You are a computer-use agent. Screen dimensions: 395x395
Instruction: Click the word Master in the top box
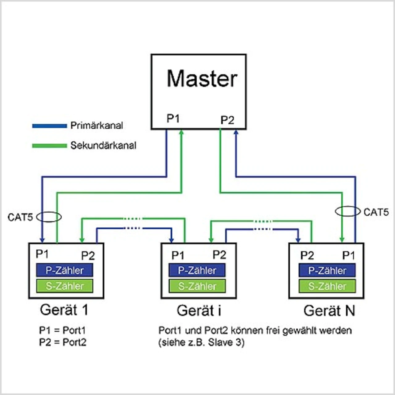point(202,79)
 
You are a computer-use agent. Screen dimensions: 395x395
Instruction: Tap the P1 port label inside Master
point(173,118)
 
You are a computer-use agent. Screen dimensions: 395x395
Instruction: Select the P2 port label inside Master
point(227,120)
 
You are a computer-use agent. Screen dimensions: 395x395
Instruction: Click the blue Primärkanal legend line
point(49,126)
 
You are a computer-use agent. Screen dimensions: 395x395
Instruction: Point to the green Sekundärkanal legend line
point(49,146)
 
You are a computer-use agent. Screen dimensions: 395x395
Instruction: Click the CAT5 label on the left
point(20,217)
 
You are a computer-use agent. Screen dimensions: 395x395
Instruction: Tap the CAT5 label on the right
point(376,212)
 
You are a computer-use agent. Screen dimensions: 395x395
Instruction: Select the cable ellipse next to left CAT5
point(49,217)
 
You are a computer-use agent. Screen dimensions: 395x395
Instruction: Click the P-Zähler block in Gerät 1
point(64,270)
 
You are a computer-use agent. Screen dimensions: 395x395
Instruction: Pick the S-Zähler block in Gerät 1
point(64,286)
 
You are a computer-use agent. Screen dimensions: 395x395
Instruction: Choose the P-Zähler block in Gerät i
point(197,271)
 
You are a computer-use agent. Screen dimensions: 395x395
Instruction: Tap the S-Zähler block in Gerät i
point(197,286)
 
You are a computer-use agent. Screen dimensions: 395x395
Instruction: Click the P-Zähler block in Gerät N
point(327,271)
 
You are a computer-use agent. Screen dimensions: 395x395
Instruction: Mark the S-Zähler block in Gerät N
point(327,286)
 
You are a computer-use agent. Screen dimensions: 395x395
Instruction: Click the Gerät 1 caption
point(64,310)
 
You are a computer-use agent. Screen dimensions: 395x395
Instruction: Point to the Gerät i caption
point(199,311)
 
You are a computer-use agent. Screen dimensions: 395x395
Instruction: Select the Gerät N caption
point(329,311)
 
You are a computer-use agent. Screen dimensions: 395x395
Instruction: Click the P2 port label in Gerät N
point(307,256)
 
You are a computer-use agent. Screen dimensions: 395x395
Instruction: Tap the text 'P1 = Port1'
point(62,331)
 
